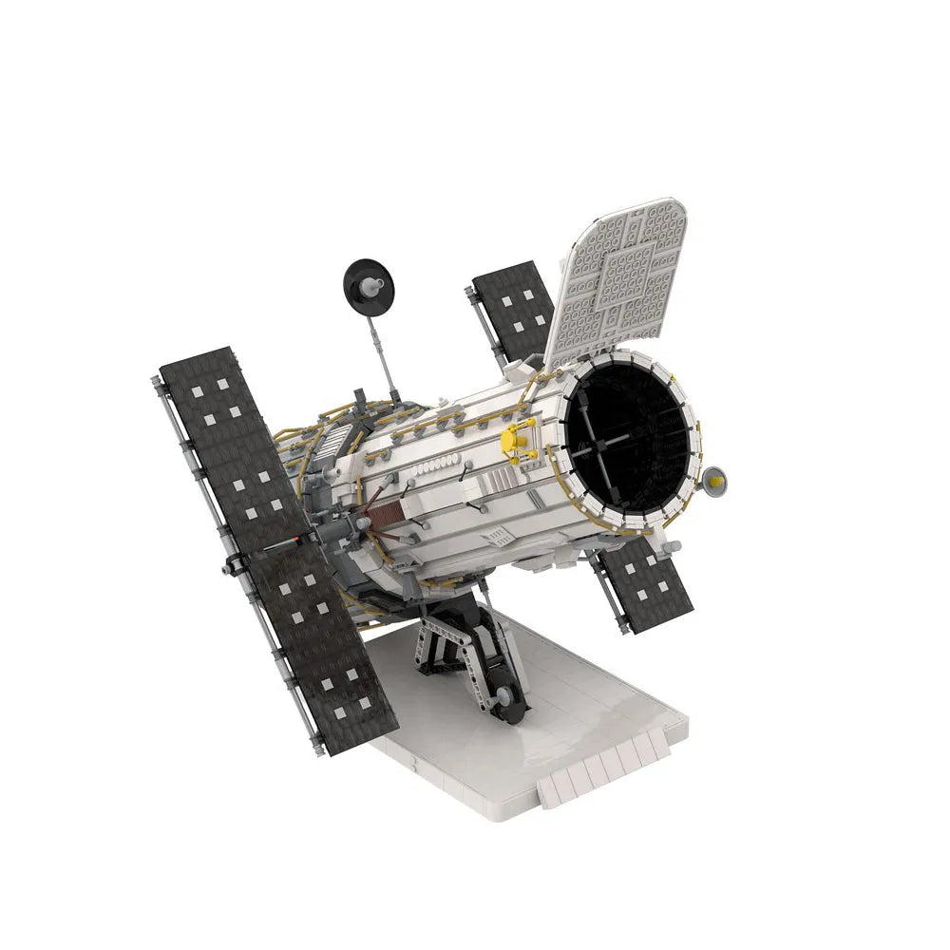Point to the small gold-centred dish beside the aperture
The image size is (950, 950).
714,483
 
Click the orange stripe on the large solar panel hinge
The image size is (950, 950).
302,543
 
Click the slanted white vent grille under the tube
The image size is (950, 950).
495,539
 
